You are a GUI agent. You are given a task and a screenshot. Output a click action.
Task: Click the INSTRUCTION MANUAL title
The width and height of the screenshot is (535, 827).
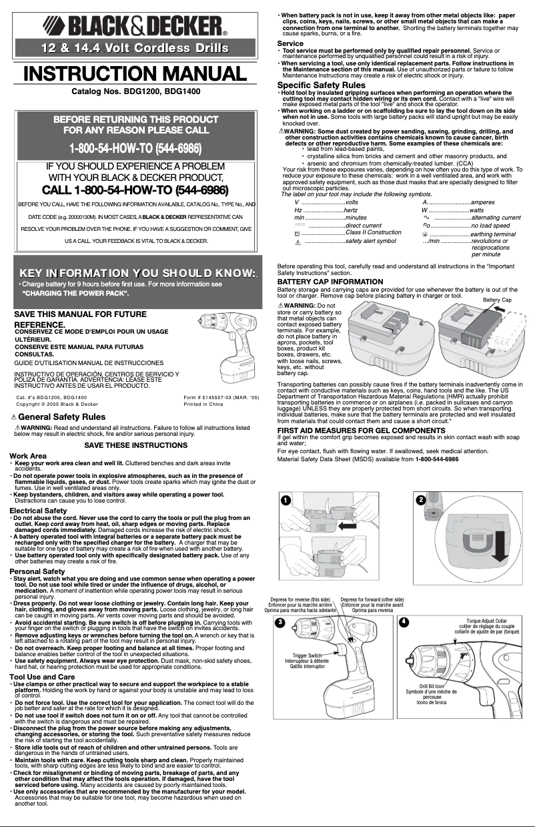[135, 73]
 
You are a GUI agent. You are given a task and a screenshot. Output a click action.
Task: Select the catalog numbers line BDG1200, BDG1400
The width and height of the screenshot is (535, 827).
[135, 91]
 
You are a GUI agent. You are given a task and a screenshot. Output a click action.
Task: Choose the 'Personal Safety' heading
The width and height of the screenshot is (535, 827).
[33, 571]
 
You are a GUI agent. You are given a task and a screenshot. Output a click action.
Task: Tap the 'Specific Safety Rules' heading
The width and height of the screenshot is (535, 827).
[321, 85]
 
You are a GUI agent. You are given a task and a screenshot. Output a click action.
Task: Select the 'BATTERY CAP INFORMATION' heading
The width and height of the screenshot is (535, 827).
[330, 282]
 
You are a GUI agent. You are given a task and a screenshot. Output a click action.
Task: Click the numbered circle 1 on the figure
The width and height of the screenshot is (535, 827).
[285, 501]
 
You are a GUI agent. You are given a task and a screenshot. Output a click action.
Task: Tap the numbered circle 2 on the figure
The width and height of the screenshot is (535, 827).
[420, 501]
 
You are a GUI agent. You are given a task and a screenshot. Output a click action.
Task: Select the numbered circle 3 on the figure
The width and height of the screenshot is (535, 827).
[281, 622]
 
